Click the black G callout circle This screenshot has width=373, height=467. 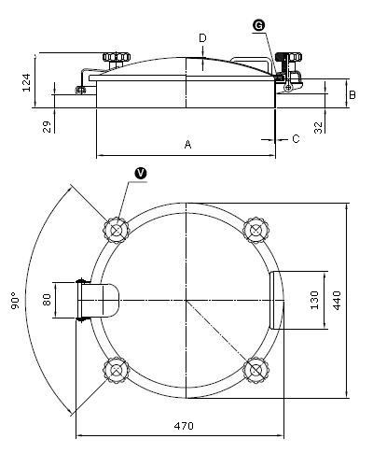(258, 25)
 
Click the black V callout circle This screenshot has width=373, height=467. (141, 174)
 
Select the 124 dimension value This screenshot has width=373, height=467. (26, 82)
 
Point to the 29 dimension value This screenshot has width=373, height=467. (47, 127)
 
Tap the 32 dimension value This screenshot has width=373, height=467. (318, 127)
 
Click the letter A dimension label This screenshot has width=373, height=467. (187, 145)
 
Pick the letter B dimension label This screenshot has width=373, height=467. (352, 94)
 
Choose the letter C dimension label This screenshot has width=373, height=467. (296, 138)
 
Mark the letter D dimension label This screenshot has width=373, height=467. (202, 38)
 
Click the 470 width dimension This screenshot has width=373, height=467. (184, 426)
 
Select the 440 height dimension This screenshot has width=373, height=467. (337, 301)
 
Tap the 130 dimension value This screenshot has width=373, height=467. (314, 300)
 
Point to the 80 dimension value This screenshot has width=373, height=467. (47, 300)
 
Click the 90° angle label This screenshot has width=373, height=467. (15, 301)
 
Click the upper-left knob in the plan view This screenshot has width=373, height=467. (117, 231)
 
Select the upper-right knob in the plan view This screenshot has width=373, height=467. (256, 231)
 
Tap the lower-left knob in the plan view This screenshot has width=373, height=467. (116, 370)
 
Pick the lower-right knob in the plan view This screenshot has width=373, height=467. (256, 370)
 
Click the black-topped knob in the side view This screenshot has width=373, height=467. (288, 57)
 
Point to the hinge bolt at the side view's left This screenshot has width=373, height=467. (80, 91)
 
